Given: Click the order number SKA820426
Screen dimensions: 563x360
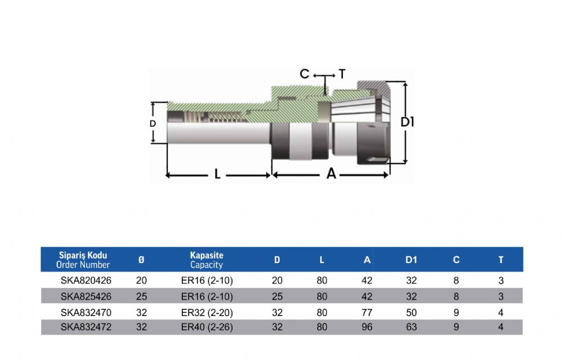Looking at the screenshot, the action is (x=86, y=280).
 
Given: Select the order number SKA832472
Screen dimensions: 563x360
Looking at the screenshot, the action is (x=86, y=327).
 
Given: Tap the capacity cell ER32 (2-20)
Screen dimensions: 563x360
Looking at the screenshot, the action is (x=207, y=313).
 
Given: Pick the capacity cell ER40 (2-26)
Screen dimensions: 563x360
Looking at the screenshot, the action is (x=207, y=327).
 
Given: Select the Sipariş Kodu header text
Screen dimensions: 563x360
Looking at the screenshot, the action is (x=83, y=255).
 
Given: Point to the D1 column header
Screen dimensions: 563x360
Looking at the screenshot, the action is (x=411, y=259).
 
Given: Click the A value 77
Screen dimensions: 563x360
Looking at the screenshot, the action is (x=367, y=313).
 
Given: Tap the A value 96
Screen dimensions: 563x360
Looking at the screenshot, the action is (x=367, y=327).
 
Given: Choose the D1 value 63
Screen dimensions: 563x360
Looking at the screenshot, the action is (x=411, y=327).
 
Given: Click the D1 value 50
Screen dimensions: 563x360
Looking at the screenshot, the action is (x=411, y=313).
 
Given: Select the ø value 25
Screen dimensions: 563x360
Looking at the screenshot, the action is (x=141, y=296).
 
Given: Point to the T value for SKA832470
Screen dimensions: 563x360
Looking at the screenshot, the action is (x=501, y=313).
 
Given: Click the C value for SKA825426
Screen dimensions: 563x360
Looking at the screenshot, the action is (x=456, y=296).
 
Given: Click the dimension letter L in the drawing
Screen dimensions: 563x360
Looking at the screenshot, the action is (x=217, y=174).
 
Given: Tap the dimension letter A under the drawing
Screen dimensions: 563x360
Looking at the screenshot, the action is (x=331, y=174).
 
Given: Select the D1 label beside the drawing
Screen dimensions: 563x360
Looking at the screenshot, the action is (x=408, y=122).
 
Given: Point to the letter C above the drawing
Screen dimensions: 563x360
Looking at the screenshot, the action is (x=305, y=74).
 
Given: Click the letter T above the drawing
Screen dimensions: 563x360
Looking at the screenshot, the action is (x=342, y=74).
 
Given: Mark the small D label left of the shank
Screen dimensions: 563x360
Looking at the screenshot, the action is (x=153, y=123).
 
